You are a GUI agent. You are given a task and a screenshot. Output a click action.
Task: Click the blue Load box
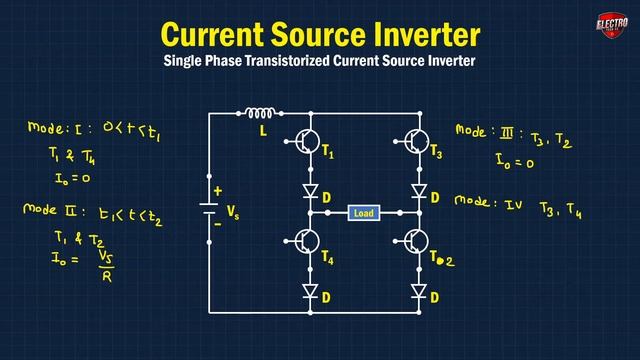(x=362, y=213)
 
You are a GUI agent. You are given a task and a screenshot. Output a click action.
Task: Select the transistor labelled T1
(x=306, y=143)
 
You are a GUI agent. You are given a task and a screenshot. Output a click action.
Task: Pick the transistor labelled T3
(x=415, y=143)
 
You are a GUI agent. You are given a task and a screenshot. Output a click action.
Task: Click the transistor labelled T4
(x=306, y=242)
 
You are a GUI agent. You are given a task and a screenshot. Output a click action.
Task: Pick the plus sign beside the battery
(x=217, y=191)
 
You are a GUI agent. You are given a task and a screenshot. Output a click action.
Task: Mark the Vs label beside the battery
(x=234, y=212)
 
